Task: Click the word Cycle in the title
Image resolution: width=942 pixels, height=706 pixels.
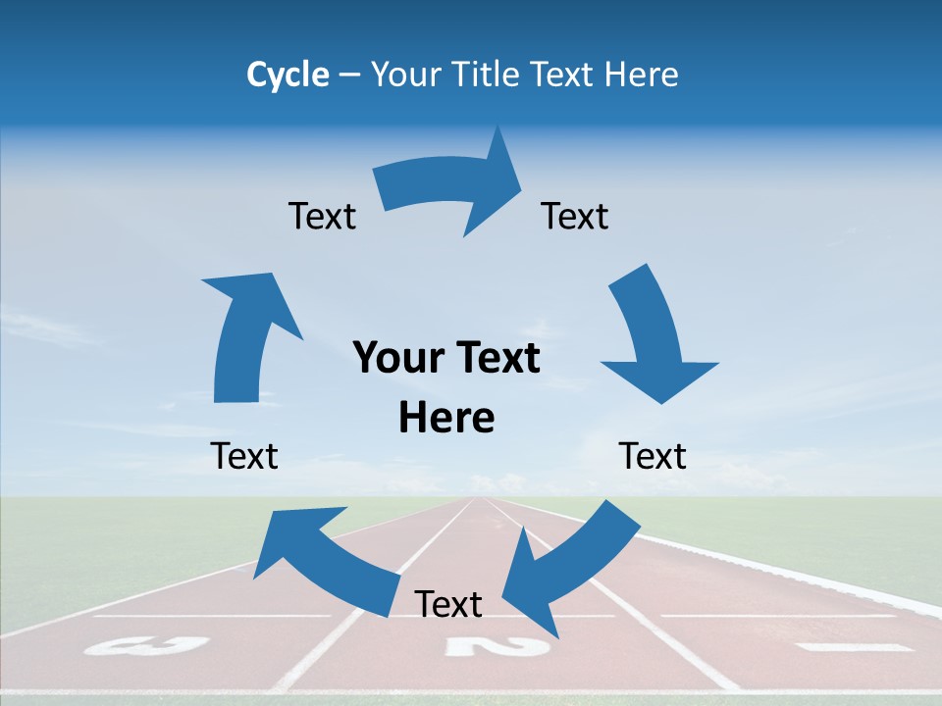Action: (288, 75)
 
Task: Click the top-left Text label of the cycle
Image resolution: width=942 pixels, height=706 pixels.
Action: (322, 216)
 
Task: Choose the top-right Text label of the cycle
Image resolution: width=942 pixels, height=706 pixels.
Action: (575, 216)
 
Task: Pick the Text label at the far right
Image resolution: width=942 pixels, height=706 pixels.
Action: (653, 456)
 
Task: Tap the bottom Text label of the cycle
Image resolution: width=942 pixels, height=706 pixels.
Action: (448, 604)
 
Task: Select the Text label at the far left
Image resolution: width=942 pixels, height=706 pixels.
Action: (244, 456)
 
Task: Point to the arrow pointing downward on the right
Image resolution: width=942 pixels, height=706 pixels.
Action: (653, 338)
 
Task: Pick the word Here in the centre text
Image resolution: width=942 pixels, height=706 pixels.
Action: (446, 418)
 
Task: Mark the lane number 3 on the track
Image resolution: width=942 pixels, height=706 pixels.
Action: (146, 645)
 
